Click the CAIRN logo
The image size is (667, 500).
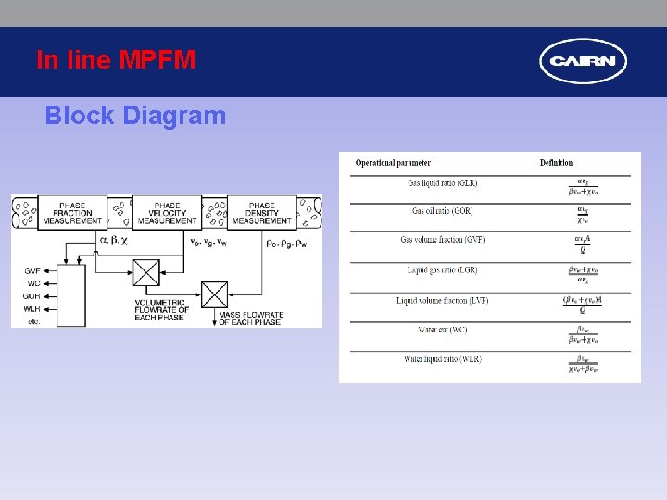pyautogui.click(x=583, y=62)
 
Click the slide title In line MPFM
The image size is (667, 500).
pyautogui.click(x=116, y=60)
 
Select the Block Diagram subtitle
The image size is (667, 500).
pyautogui.click(x=135, y=116)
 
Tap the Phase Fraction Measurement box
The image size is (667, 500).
pyautogui.click(x=72, y=213)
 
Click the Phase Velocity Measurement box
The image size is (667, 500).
pyautogui.click(x=167, y=213)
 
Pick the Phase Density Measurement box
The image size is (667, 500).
pyautogui.click(x=262, y=213)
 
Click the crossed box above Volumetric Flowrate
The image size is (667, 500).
pyautogui.click(x=146, y=272)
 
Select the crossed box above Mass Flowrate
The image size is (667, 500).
pyautogui.click(x=214, y=294)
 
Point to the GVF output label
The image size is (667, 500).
pyautogui.click(x=32, y=270)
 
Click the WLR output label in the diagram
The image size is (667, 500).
pyautogui.click(x=32, y=307)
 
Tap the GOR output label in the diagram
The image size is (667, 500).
pyautogui.click(x=32, y=295)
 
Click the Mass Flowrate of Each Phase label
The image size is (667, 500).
pyautogui.click(x=251, y=319)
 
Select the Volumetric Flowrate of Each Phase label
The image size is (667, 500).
pyautogui.click(x=163, y=309)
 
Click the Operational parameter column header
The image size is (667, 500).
pyautogui.click(x=393, y=163)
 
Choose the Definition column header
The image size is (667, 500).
pyautogui.click(x=556, y=163)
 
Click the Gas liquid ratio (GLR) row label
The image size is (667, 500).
pyautogui.click(x=442, y=183)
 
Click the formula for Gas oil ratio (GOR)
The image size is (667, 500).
pyautogui.click(x=582, y=214)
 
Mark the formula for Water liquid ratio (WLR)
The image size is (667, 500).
pyautogui.click(x=582, y=362)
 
